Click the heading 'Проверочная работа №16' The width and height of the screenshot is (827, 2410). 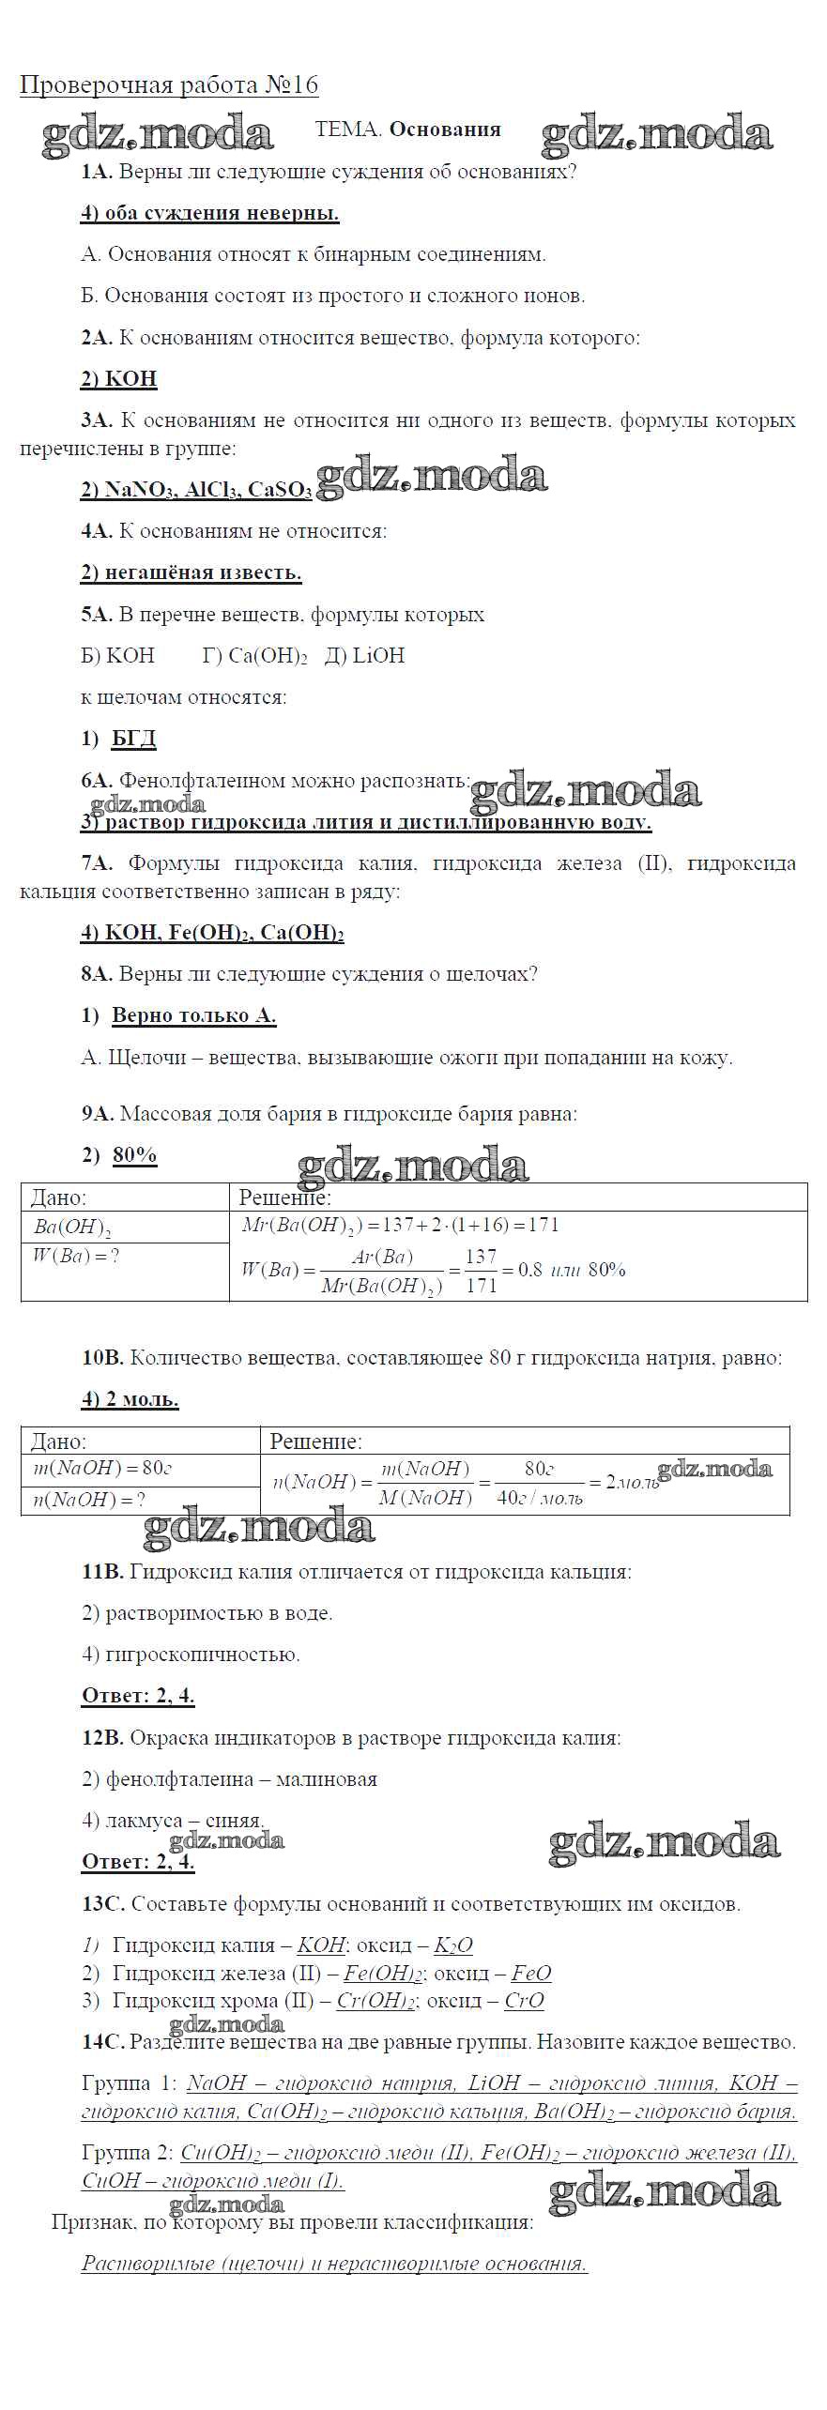click(169, 85)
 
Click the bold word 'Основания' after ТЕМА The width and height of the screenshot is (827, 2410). click(445, 130)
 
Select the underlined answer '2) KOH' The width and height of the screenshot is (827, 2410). click(119, 379)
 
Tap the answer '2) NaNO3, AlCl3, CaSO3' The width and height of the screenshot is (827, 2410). click(196, 490)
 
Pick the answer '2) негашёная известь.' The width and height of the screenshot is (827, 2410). click(191, 572)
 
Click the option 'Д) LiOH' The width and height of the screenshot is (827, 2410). click(365, 655)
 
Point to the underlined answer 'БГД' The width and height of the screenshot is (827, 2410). click(134, 739)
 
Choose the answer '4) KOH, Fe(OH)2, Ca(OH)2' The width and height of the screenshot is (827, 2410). click(213, 933)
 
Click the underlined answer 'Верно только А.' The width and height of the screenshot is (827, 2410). click(194, 1015)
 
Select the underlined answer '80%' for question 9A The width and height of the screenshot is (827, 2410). click(135, 1155)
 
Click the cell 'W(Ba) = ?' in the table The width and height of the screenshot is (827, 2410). click(77, 1256)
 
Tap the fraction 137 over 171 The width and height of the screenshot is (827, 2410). click(481, 1271)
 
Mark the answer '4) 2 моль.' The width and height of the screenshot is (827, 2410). click(130, 1399)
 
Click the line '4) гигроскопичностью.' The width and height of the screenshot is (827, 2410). click(191, 1655)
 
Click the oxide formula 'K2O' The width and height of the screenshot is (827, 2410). click(453, 1945)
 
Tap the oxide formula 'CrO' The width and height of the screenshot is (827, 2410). click(524, 2000)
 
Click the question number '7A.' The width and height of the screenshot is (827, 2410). click(97, 863)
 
